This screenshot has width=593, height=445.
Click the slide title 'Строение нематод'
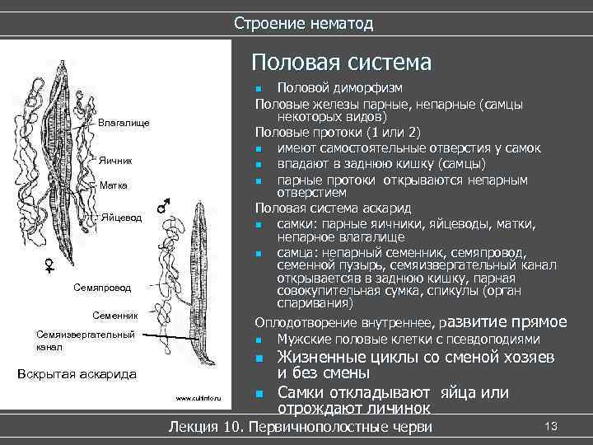click(303, 23)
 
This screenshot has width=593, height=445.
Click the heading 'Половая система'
click(341, 63)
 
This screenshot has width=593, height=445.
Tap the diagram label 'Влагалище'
click(124, 123)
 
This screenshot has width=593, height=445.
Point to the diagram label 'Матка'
click(113, 185)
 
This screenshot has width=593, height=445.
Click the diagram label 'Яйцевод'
click(122, 218)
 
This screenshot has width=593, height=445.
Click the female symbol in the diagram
click(50, 265)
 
